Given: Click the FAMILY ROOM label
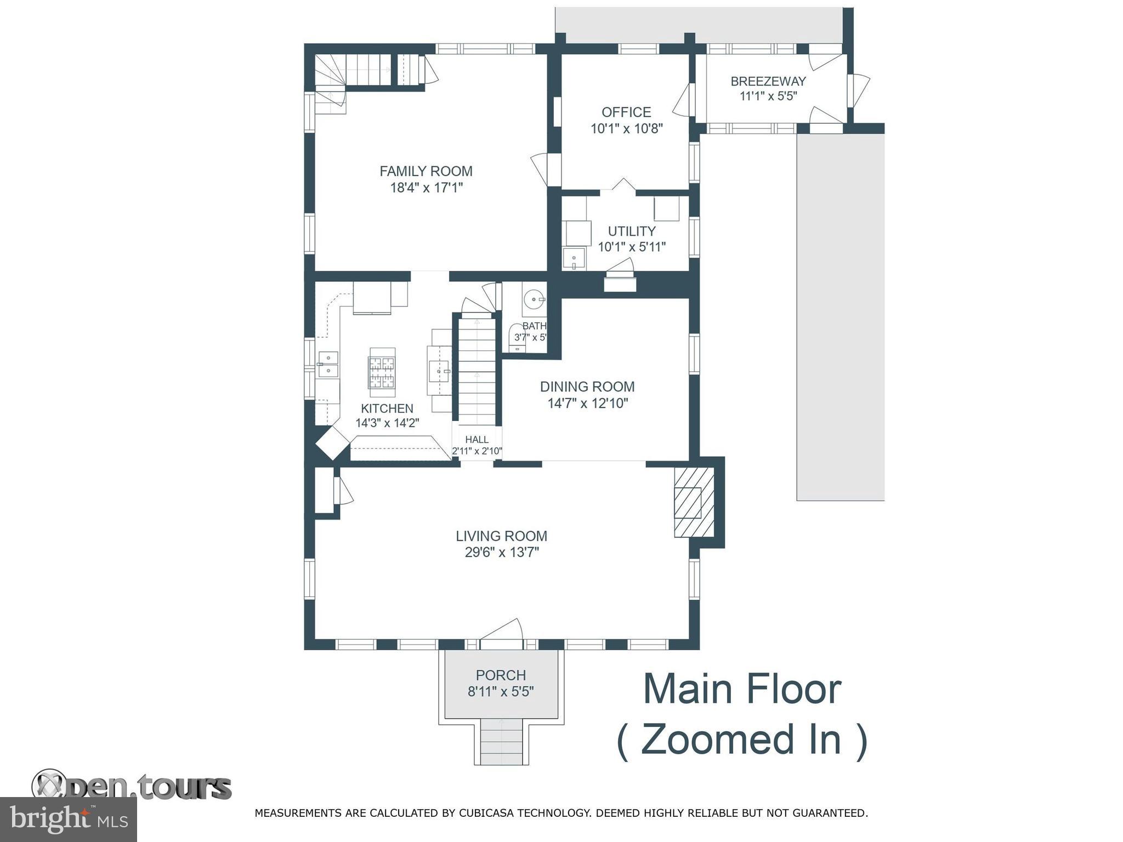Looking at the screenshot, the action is [426, 172].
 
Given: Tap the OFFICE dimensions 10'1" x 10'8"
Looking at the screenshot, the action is [627, 129].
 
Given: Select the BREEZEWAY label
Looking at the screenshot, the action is [768, 82].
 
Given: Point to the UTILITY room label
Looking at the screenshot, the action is [632, 231].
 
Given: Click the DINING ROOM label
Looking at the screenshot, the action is [587, 386].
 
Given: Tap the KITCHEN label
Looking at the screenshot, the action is [387, 408].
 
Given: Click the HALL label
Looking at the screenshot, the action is [477, 440].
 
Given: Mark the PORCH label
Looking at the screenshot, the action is [501, 675].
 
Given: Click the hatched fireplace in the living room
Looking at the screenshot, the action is [694, 502].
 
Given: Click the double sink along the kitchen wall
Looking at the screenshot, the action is [328, 364].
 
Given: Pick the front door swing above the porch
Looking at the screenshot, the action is [501, 630].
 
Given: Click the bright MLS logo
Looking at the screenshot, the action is [68, 819].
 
